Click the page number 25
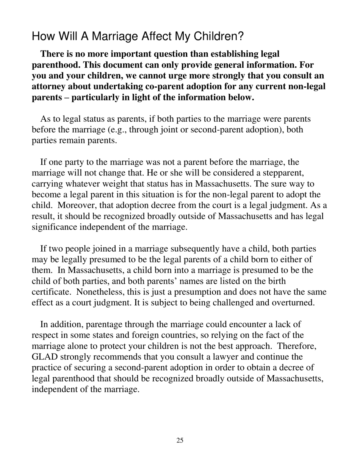[180, 440]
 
